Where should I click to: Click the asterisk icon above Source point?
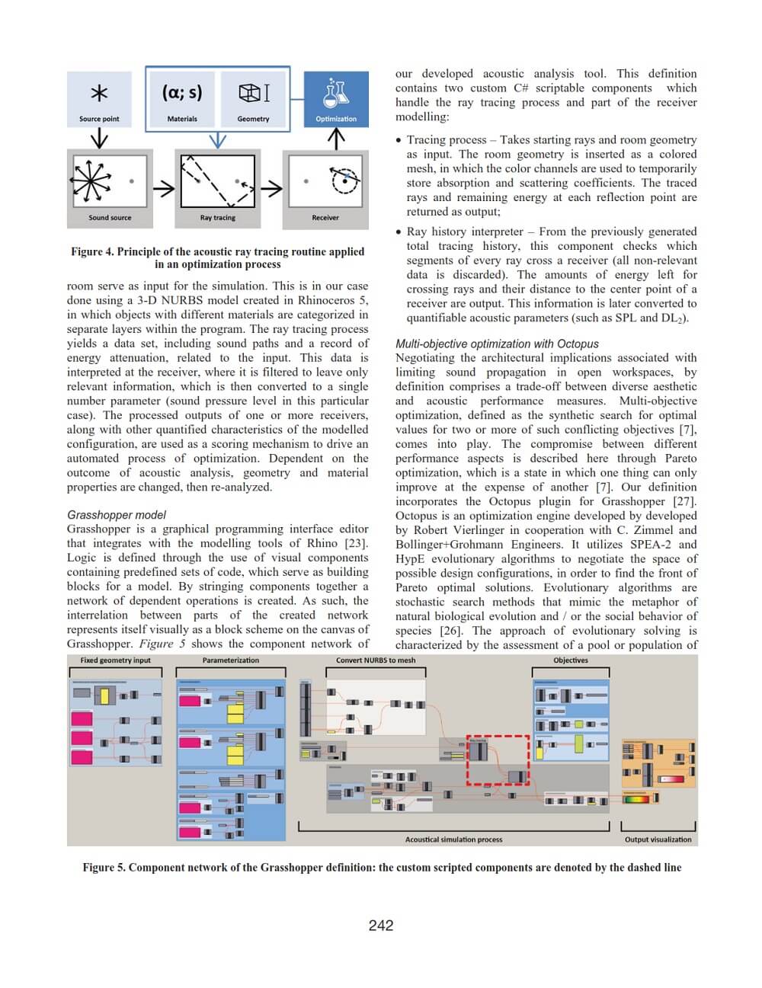pyautogui.click(x=99, y=93)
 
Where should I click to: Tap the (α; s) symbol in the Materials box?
pyautogui.click(x=182, y=93)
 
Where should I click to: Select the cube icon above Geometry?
pyautogui.click(x=254, y=93)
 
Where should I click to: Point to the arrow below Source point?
pyautogui.click(x=99, y=139)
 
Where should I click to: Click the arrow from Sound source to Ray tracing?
pyautogui.click(x=164, y=187)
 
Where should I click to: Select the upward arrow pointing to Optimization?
pyautogui.click(x=336, y=139)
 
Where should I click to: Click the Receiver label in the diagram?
pyautogui.click(x=325, y=218)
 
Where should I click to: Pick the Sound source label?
pyautogui.click(x=110, y=218)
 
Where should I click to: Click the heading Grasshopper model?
pyautogui.click(x=117, y=515)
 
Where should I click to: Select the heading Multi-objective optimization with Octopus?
pyautogui.click(x=497, y=344)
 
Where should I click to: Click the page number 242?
pyautogui.click(x=381, y=926)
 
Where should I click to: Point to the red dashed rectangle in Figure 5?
pyautogui.click(x=498, y=759)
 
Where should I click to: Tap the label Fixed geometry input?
pyautogui.click(x=116, y=660)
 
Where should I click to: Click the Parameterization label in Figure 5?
pyautogui.click(x=231, y=660)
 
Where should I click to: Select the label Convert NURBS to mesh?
pyautogui.click(x=376, y=660)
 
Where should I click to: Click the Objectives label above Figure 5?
pyautogui.click(x=571, y=660)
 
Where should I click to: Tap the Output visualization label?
pyautogui.click(x=658, y=839)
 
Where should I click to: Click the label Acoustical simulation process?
pyautogui.click(x=454, y=839)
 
